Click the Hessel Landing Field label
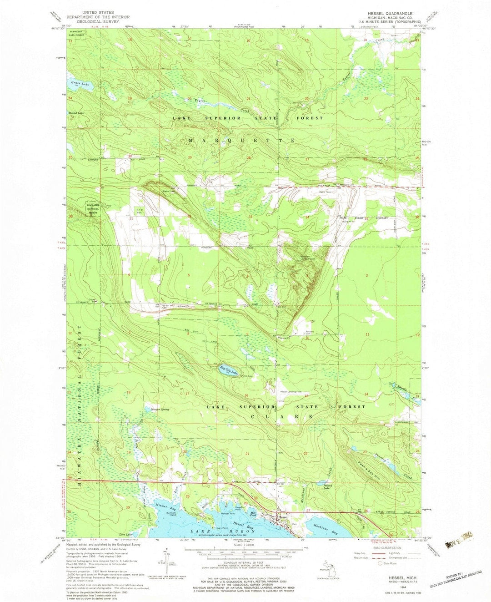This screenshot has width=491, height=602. tap(291, 392)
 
